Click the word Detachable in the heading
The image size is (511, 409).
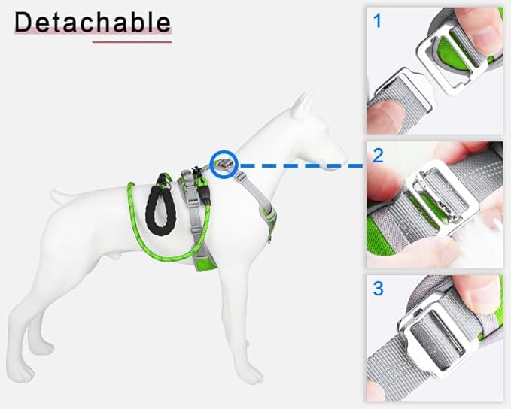(93, 22)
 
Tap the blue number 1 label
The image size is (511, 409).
(377, 20)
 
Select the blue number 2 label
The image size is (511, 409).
(378, 156)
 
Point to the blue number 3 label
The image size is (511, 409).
(378, 289)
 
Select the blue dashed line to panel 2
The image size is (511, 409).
(301, 165)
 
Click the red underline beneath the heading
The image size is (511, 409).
(132, 41)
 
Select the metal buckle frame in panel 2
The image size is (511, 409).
(443, 195)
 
